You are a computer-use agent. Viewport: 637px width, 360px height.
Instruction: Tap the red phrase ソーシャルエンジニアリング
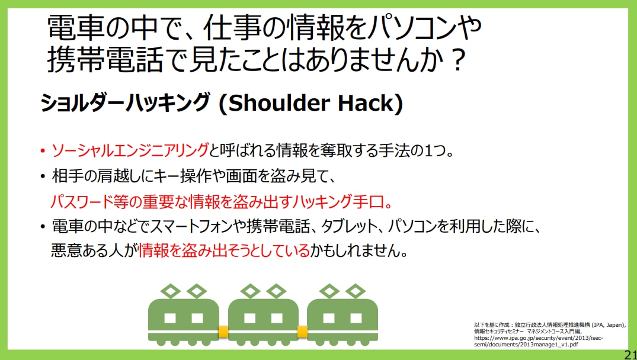(130, 152)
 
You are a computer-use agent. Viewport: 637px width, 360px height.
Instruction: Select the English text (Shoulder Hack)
(311, 104)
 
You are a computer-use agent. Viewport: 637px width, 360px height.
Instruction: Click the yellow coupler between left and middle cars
(223, 331)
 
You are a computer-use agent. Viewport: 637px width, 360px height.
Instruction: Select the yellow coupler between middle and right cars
(303, 331)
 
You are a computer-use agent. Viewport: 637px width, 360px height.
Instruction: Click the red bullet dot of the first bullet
(43, 153)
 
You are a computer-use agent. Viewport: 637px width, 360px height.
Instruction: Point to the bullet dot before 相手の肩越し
(43, 177)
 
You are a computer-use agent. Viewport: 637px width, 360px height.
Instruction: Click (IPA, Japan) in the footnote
(609, 324)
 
